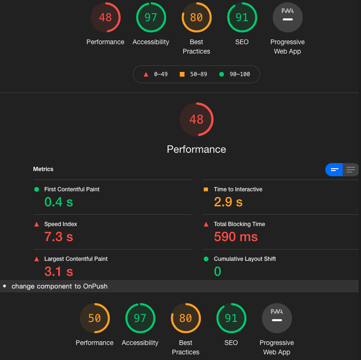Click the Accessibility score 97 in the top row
pos(151,17)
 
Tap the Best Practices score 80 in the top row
pos(197,17)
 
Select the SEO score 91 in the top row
pos(242,17)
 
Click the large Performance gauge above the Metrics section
pos(197,119)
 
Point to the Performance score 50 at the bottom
pos(95,318)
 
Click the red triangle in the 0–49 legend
pos(146,74)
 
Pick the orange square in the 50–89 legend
pos(182,74)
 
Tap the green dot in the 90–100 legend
pos(222,74)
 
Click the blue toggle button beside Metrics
pos(334,170)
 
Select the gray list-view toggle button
pos(351,170)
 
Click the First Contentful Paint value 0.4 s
pos(59,202)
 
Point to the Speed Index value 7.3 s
pos(59,237)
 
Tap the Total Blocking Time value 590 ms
pos(236,237)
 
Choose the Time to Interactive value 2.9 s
pos(228,202)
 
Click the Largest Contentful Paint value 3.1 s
pos(59,272)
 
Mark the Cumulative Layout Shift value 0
pos(217,272)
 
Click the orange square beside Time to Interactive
pos(206,189)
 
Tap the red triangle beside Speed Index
pos(37,224)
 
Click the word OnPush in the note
pos(95,286)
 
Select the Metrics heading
pos(43,169)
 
